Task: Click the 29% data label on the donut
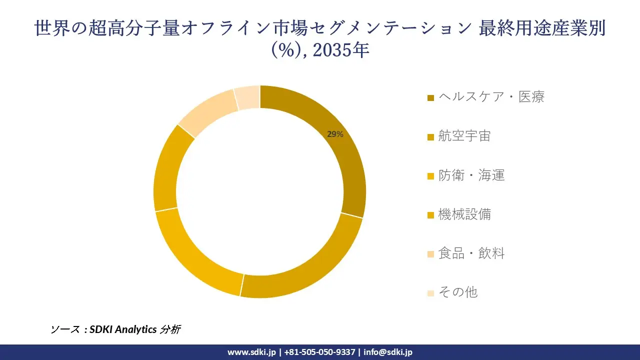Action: click(335, 134)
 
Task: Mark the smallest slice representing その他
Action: click(247, 97)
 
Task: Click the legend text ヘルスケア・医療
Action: click(491, 96)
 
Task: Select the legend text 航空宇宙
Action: click(464, 135)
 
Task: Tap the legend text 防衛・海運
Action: click(471, 175)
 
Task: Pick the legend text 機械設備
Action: click(464, 214)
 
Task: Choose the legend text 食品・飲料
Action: click(471, 253)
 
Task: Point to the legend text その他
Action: click(457, 292)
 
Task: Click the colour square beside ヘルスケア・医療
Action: click(430, 97)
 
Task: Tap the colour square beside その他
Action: click(430, 293)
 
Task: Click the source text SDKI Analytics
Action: click(122, 329)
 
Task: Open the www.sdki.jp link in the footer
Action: click(251, 352)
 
